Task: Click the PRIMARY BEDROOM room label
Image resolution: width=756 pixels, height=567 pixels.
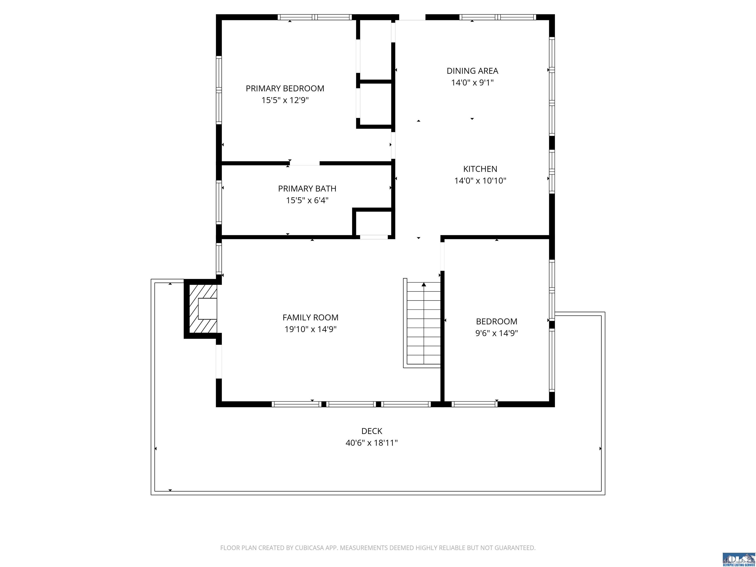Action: click(285, 89)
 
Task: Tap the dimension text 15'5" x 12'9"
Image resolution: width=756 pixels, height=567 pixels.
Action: click(285, 100)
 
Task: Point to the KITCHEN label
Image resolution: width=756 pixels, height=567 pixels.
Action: click(480, 169)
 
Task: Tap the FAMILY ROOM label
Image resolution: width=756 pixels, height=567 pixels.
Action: click(310, 317)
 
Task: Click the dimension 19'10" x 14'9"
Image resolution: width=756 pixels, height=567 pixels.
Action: click(310, 329)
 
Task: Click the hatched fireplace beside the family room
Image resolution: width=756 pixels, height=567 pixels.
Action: click(203, 309)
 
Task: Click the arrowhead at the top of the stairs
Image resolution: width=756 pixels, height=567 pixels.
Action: click(424, 284)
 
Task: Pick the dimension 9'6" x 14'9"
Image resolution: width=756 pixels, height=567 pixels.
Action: click(497, 333)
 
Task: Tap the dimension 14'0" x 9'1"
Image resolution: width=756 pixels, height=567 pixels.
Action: click(472, 82)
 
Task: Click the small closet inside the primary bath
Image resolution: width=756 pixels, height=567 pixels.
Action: click(373, 223)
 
